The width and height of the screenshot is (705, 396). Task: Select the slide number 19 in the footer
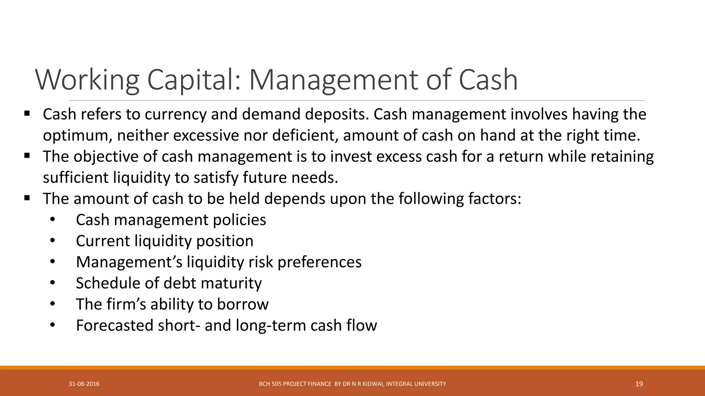(639, 384)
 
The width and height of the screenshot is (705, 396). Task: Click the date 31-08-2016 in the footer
(84, 384)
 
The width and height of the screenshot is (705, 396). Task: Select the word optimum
(77, 135)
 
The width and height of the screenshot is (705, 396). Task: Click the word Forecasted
(115, 326)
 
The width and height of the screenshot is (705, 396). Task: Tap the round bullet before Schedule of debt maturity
(52, 283)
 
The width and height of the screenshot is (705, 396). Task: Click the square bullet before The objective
(27, 155)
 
